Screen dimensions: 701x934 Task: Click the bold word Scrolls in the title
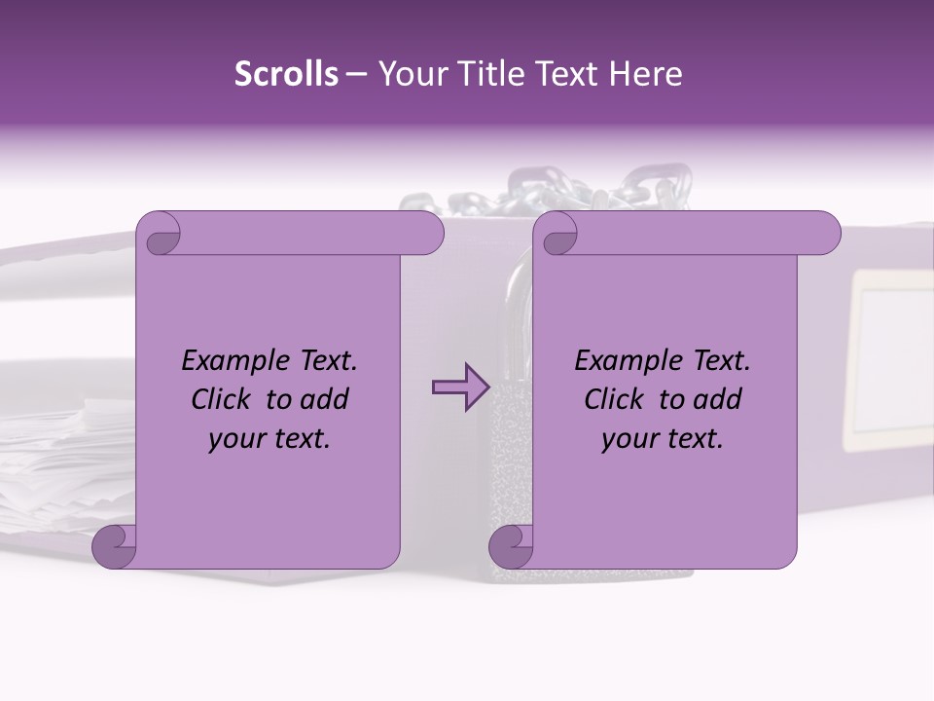[x=286, y=74]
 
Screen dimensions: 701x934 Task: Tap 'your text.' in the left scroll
[x=269, y=439]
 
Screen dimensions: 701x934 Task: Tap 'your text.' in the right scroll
[x=663, y=439]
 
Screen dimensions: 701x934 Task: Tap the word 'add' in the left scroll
[x=326, y=400]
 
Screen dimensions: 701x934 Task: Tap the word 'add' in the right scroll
[x=719, y=400]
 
